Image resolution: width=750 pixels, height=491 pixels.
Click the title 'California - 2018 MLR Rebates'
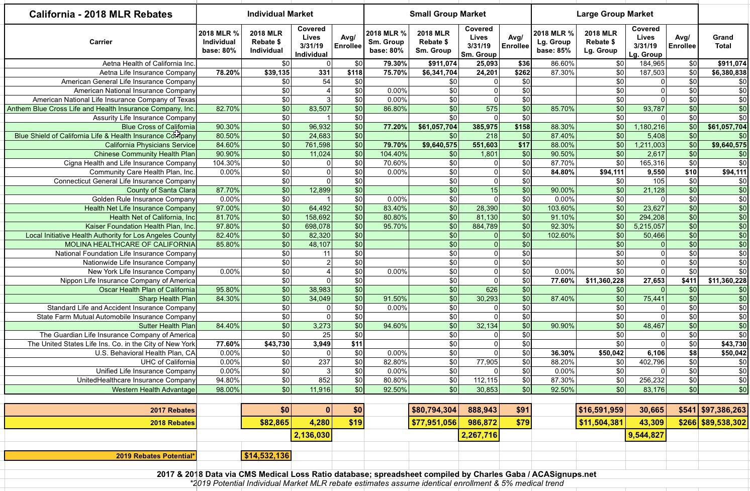[x=101, y=14]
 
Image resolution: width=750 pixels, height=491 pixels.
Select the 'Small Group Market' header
[x=447, y=14]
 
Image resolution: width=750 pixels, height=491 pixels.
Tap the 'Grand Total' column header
[x=723, y=42]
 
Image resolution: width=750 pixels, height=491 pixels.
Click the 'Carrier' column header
[x=101, y=42]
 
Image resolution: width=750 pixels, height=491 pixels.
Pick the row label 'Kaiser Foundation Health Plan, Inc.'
[x=140, y=226]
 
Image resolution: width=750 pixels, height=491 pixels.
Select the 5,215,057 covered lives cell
[x=646, y=226]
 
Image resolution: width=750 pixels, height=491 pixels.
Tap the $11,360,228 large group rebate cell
[x=601, y=280]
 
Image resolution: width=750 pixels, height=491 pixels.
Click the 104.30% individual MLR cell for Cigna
[x=219, y=163]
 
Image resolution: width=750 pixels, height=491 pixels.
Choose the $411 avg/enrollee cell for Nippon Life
[x=682, y=280]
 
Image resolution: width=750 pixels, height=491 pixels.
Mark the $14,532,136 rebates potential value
[x=266, y=456]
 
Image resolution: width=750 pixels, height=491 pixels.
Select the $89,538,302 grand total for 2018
[x=723, y=423]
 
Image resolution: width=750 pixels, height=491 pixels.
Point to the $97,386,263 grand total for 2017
[x=723, y=410]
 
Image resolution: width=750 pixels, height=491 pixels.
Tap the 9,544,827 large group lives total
[x=646, y=435]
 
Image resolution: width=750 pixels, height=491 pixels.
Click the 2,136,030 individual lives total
[x=312, y=435]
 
